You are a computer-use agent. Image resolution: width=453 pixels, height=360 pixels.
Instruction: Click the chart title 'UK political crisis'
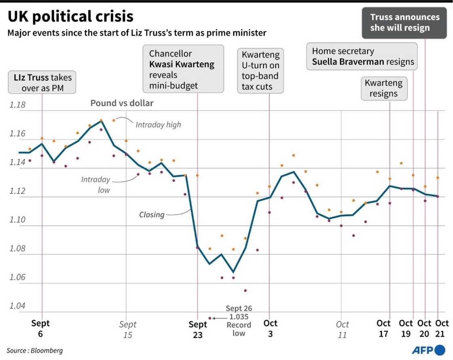pos(70,16)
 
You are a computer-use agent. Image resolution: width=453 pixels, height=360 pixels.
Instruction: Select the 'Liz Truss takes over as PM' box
pos(42,82)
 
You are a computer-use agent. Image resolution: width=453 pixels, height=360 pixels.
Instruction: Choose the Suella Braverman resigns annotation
pos(362,57)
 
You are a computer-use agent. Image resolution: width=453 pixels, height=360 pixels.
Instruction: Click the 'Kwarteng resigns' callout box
pos(384,88)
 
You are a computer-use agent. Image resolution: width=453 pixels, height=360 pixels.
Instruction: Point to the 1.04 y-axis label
pos(17,306)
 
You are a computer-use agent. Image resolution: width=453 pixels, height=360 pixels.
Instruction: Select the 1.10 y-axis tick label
pos(17,220)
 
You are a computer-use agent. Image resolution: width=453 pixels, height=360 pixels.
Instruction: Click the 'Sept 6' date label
pos(40,328)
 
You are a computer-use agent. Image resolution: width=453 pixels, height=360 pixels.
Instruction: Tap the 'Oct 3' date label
pos(270,328)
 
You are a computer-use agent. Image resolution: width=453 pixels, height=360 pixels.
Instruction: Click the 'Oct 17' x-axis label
pos(383,328)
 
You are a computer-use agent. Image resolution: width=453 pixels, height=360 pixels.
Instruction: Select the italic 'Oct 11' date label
pos(342,329)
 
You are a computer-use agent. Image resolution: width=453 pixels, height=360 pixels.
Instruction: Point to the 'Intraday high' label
pos(158,125)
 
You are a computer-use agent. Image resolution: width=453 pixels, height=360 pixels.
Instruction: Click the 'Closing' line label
pos(152,214)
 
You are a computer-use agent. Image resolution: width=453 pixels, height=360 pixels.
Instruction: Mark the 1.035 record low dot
pos(210,318)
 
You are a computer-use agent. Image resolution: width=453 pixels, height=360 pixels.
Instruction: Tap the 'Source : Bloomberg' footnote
pos(35,350)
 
